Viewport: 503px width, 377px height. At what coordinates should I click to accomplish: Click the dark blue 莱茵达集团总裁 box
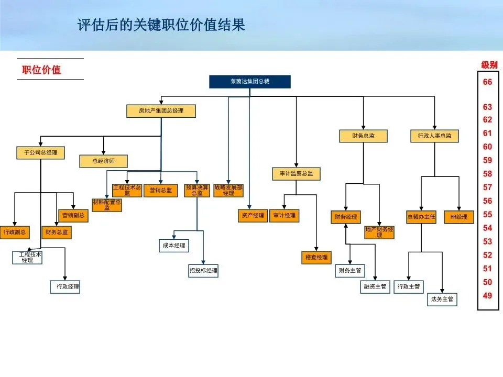coord(249,82)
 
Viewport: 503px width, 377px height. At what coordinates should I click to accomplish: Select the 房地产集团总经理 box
coord(161,111)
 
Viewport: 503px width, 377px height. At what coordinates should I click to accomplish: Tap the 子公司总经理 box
coord(41,153)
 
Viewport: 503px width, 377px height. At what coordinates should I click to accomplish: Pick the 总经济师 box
coord(103,161)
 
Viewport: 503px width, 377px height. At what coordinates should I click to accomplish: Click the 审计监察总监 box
coord(296,174)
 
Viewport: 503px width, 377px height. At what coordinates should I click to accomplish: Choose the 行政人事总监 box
coord(434,136)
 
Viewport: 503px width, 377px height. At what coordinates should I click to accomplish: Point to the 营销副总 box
coord(73,215)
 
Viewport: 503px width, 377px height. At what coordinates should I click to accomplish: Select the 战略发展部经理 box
coord(228,190)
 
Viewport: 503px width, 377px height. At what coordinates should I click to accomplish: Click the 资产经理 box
coord(252,216)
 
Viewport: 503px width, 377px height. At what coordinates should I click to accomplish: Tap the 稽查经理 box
coord(316,258)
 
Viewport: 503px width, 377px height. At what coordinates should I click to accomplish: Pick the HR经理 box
coord(458,217)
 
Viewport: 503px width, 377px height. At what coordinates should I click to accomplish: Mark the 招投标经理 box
coord(203,271)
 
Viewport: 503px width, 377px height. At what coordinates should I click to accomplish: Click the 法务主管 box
coord(442,300)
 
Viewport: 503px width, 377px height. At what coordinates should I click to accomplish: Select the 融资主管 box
coord(375,286)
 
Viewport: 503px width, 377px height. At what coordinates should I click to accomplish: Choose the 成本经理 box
coord(174,245)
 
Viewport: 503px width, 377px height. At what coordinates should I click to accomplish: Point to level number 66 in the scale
coord(487,82)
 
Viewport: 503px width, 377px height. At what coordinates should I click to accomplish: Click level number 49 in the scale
coord(487,296)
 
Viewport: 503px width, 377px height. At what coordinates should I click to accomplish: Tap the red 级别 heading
coord(489,65)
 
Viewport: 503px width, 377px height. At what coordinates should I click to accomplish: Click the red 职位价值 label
coord(41,70)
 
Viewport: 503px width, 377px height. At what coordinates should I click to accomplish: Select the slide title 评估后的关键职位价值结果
coord(161,25)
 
